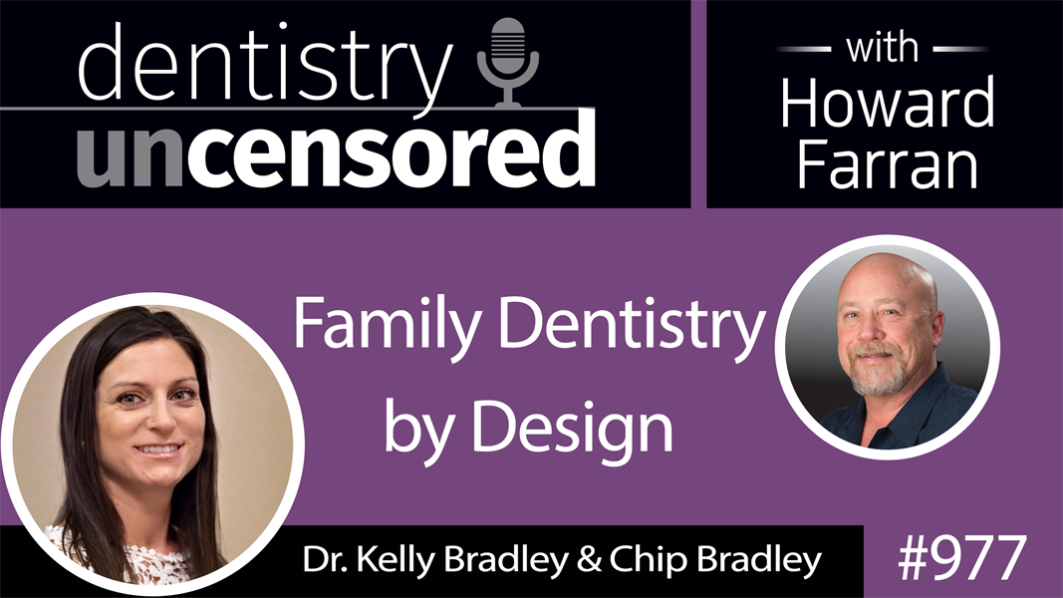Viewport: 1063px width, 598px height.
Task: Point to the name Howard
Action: pos(887,102)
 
